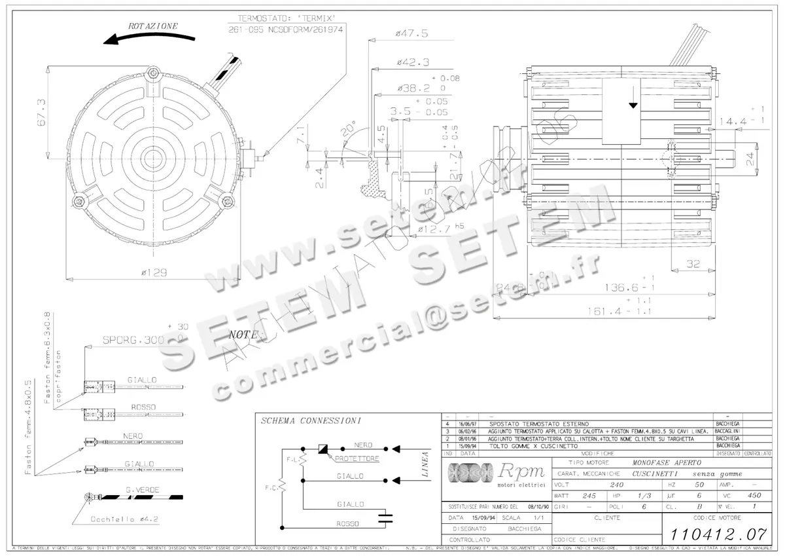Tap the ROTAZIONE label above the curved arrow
click(152, 26)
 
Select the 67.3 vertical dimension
click(40, 113)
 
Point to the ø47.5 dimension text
click(411, 33)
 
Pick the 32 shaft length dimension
click(694, 264)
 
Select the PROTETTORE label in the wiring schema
click(357, 459)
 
